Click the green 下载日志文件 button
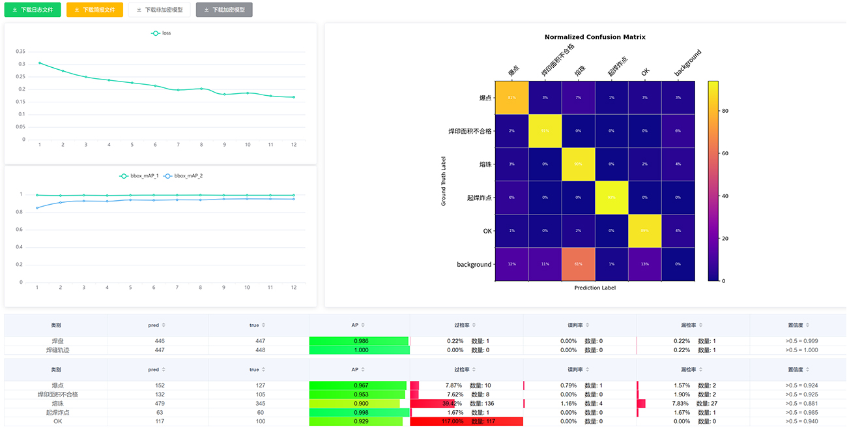pyautogui.click(x=33, y=10)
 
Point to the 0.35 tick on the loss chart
pyautogui.click(x=20, y=52)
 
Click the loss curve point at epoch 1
pyautogui.click(x=40, y=63)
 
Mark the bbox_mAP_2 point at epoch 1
pyautogui.click(x=37, y=208)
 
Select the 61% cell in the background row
pyautogui.click(x=578, y=264)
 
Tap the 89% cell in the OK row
pyautogui.click(x=644, y=231)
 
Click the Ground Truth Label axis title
pyautogui.click(x=444, y=181)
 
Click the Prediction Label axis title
pyautogui.click(x=595, y=288)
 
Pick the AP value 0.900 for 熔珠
pyautogui.click(x=360, y=404)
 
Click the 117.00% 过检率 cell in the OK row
pyautogui.click(x=467, y=421)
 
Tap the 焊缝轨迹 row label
pyautogui.click(x=58, y=350)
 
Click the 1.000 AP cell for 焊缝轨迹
pyautogui.click(x=360, y=350)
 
